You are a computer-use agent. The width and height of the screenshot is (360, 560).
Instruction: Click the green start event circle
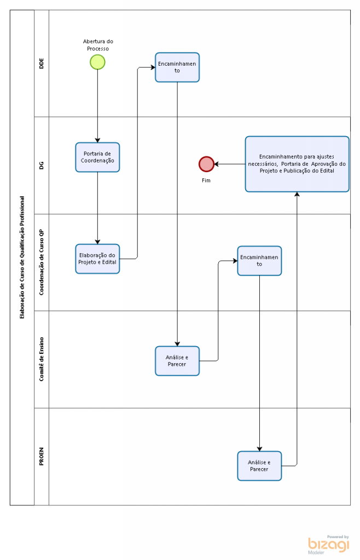(x=97, y=62)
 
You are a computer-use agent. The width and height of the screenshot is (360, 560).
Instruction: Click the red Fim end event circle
(x=206, y=164)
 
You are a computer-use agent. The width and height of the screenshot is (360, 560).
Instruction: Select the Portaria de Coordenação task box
(x=97, y=157)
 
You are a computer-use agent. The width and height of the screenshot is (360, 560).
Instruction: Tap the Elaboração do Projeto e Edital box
(x=97, y=259)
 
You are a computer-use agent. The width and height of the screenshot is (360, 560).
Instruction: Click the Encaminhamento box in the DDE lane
(x=177, y=67)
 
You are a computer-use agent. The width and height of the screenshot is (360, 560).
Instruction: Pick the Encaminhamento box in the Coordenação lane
(x=259, y=261)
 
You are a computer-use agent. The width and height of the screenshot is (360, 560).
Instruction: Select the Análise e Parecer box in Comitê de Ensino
(x=177, y=361)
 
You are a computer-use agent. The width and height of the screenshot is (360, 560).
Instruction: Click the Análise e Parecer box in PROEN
(x=259, y=466)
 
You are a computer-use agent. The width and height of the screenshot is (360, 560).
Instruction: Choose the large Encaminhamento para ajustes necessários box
(x=297, y=164)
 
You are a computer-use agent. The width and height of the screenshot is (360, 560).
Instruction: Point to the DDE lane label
(x=42, y=63)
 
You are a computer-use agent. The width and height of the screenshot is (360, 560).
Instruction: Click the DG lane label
(x=42, y=165)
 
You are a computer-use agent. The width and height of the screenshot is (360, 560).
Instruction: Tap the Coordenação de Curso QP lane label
(x=42, y=262)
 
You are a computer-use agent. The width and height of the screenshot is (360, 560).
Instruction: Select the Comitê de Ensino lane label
(x=42, y=359)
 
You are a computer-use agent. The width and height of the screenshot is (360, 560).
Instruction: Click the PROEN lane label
(x=42, y=457)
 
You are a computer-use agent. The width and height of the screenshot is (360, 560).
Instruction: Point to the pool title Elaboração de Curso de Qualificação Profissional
(x=22, y=257)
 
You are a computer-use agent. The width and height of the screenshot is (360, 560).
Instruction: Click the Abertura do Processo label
(x=98, y=45)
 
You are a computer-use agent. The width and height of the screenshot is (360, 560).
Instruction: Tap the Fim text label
(x=206, y=180)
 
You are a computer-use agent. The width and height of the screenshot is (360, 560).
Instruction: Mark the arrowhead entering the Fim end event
(x=217, y=164)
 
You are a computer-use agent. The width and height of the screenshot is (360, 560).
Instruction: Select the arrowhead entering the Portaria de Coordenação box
(x=97, y=141)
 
